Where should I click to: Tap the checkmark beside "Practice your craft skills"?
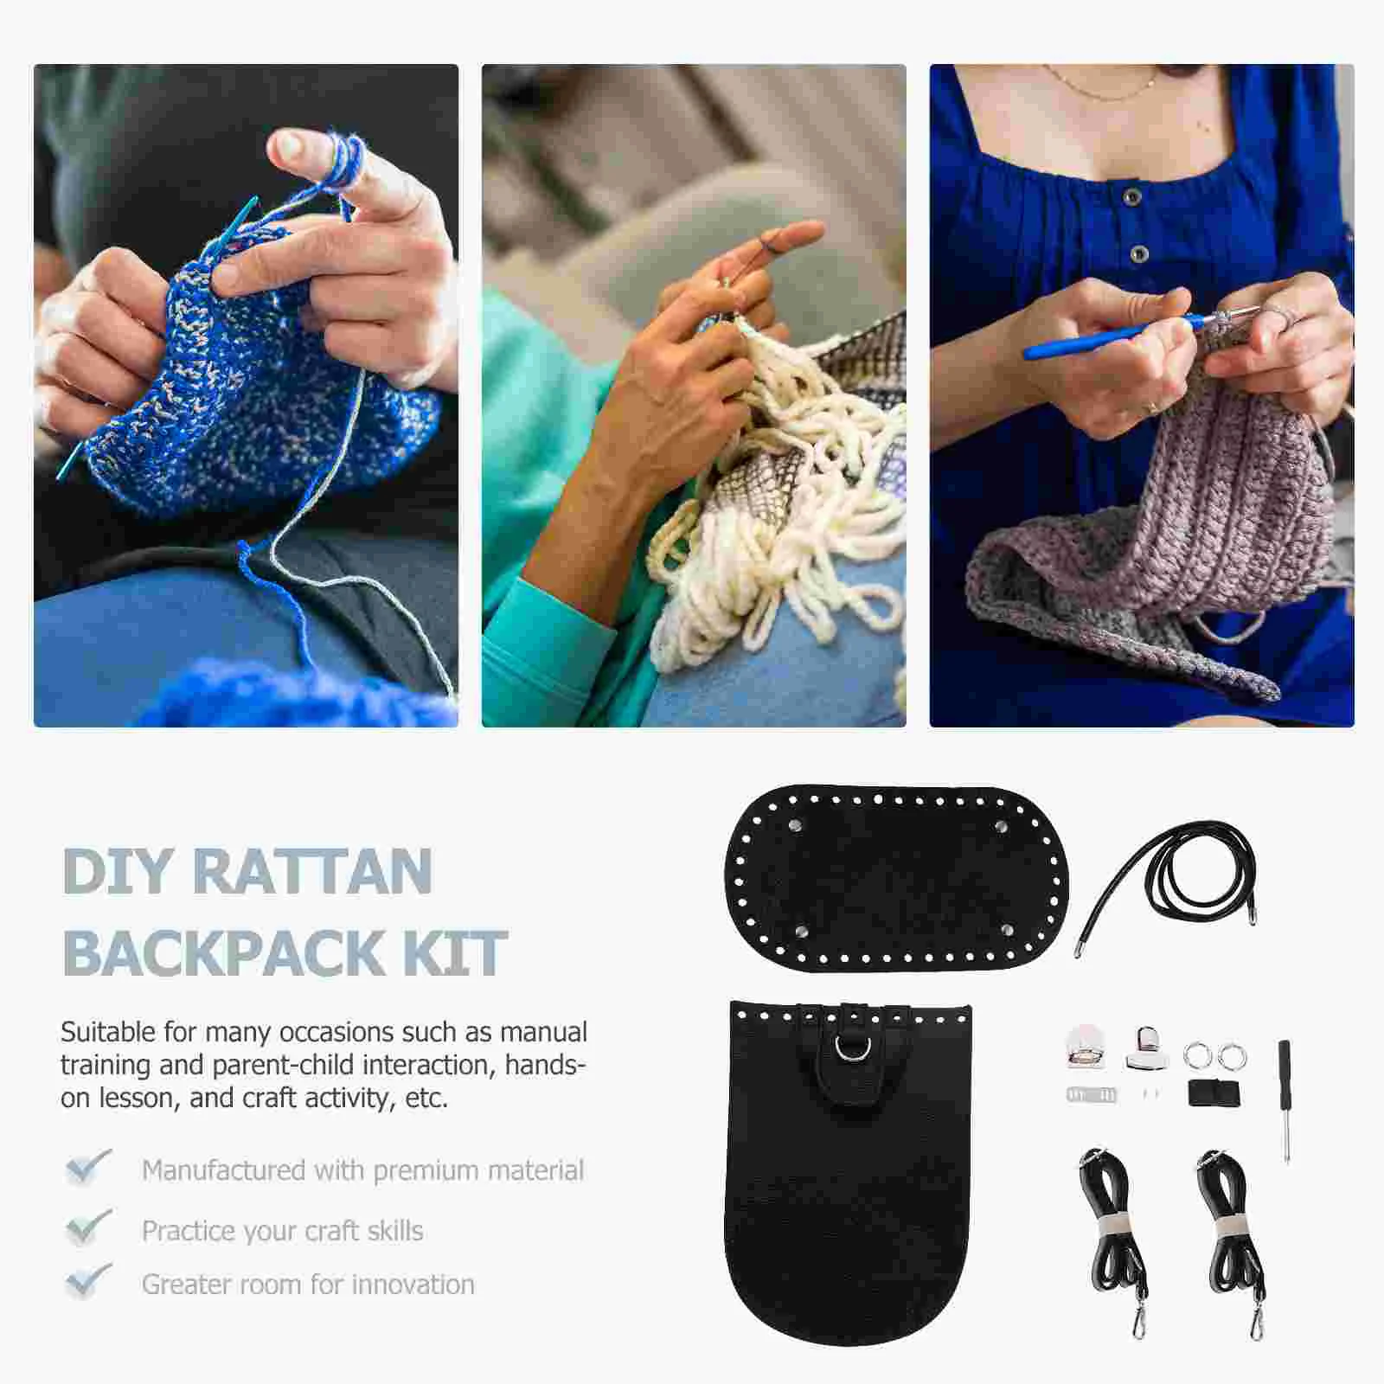[87, 1227]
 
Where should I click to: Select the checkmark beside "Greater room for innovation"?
[87, 1281]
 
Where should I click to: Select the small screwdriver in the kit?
[1285, 1099]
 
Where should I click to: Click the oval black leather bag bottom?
[895, 878]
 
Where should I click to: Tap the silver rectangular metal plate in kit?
[1091, 1095]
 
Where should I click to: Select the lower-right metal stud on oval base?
[1007, 930]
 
